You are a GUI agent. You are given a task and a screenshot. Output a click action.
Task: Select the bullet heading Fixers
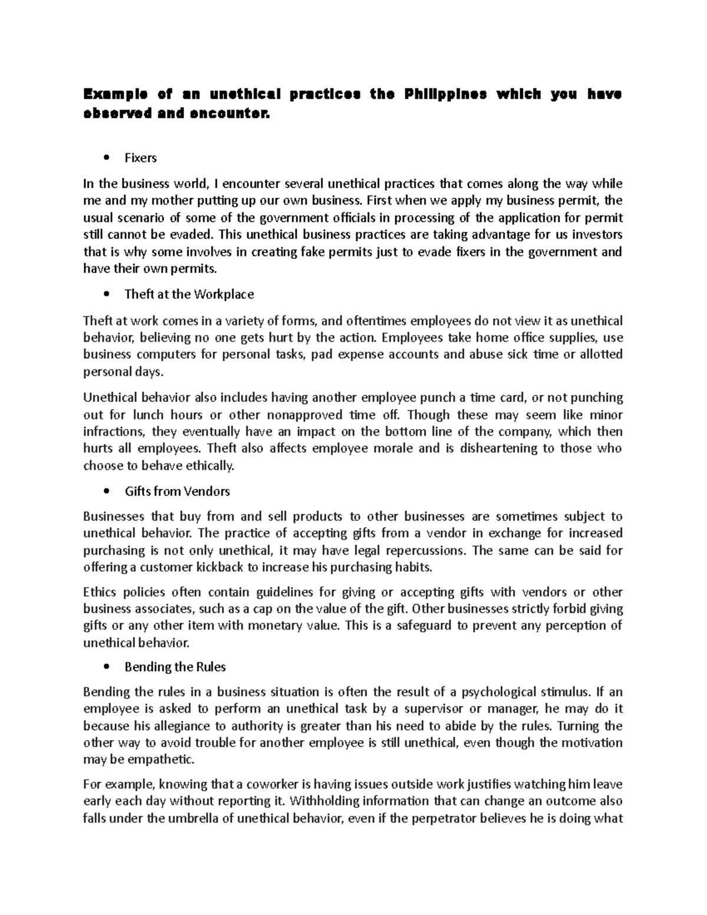point(140,158)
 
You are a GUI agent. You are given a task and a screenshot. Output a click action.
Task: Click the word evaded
point(191,234)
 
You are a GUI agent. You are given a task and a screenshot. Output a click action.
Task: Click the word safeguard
point(424,625)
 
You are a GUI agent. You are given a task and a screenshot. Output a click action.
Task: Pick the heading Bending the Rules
point(175,667)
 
